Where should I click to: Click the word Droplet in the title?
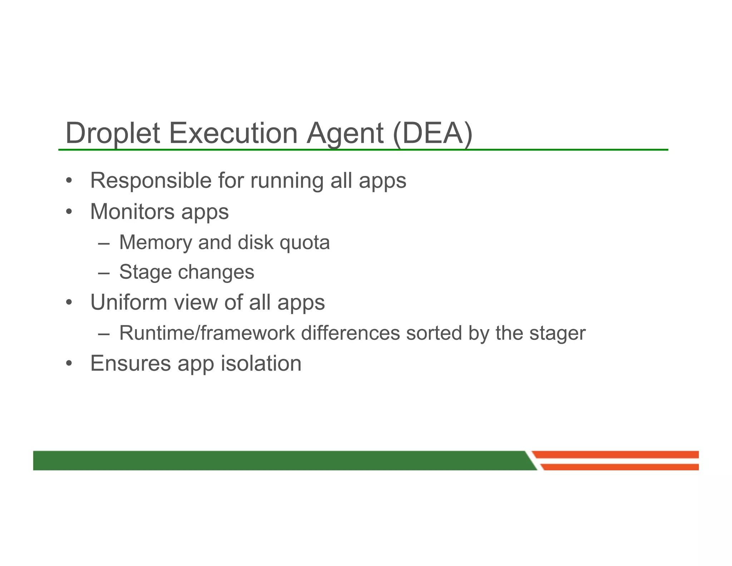[113, 133]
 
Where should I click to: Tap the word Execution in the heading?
[233, 133]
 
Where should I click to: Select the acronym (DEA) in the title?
[432, 133]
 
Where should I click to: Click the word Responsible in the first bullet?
[151, 180]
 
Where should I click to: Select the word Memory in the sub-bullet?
[155, 242]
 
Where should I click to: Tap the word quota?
[304, 243]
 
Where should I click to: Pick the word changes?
[216, 272]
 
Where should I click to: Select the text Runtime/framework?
[207, 333]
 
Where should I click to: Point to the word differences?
[350, 333]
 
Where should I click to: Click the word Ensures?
[130, 363]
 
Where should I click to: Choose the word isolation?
[261, 363]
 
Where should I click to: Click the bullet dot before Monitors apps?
[69, 212]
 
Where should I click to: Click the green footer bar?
[279, 460]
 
